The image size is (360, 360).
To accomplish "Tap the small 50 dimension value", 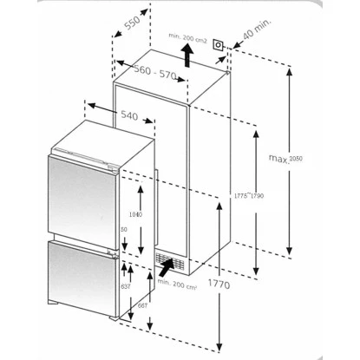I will tap(125, 229).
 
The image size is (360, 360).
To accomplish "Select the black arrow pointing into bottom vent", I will tap(162, 270).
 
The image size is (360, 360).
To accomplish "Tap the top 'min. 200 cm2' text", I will tap(189, 37).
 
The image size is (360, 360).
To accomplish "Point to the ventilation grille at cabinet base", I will tap(170, 260).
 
